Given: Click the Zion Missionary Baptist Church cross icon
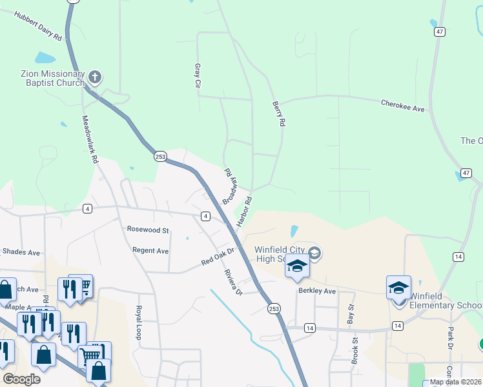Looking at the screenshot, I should pyautogui.click(x=95, y=78).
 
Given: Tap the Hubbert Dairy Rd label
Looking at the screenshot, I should pyautogui.click(x=38, y=26).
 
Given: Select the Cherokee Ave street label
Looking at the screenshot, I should pyautogui.click(x=403, y=106).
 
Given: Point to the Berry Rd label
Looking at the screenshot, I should pyautogui.click(x=278, y=114).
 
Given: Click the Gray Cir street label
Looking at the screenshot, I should pyautogui.click(x=198, y=75).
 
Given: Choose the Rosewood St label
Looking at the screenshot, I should pyautogui.click(x=148, y=230).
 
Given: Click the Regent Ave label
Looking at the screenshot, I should pyautogui.click(x=150, y=250).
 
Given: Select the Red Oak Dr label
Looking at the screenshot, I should pyautogui.click(x=220, y=256).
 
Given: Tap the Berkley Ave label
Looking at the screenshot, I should pyautogui.click(x=317, y=291).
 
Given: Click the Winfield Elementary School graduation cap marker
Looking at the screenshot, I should pyautogui.click(x=398, y=288).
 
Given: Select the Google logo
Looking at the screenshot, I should pyautogui.click(x=21, y=379).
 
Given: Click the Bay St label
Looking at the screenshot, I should pyautogui.click(x=351, y=315).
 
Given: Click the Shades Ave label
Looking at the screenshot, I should pyautogui.click(x=21, y=251).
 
